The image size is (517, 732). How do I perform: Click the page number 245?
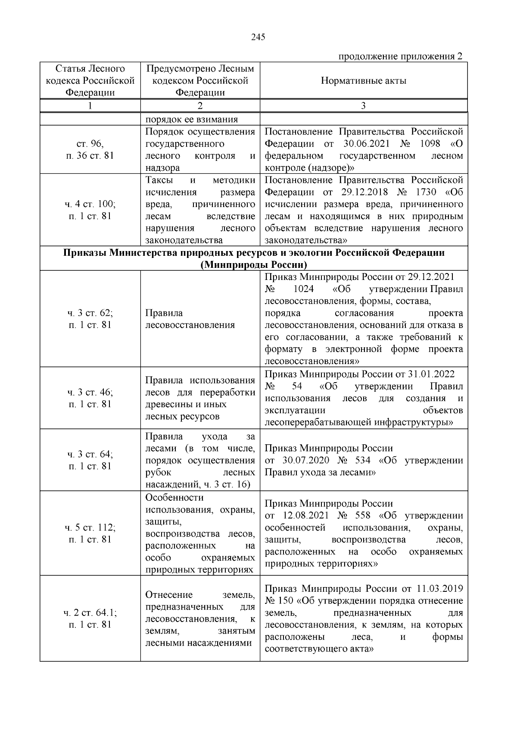pyautogui.click(x=258, y=37)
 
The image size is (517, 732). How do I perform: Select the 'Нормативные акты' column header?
pyautogui.click(x=363, y=81)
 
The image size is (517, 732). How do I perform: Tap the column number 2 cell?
pyautogui.click(x=200, y=106)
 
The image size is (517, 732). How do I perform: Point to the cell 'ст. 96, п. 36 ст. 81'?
pyautogui.click(x=90, y=150)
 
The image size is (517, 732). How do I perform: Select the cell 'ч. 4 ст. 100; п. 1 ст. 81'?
pyautogui.click(x=90, y=210)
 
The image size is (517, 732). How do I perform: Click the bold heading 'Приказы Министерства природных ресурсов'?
pyautogui.click(x=254, y=253)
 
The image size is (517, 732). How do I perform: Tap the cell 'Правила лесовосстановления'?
pyautogui.click(x=190, y=319)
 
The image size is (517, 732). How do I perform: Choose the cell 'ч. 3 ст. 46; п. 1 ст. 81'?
pyautogui.click(x=90, y=398)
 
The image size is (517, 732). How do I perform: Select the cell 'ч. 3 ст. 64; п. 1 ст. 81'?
pyautogui.click(x=90, y=460)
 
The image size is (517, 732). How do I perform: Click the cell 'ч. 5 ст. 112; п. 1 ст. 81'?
pyautogui.click(x=90, y=533)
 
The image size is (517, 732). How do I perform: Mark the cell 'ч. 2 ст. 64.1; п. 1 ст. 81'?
pyautogui.click(x=90, y=619)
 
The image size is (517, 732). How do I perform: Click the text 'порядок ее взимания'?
pyautogui.click(x=192, y=119)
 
